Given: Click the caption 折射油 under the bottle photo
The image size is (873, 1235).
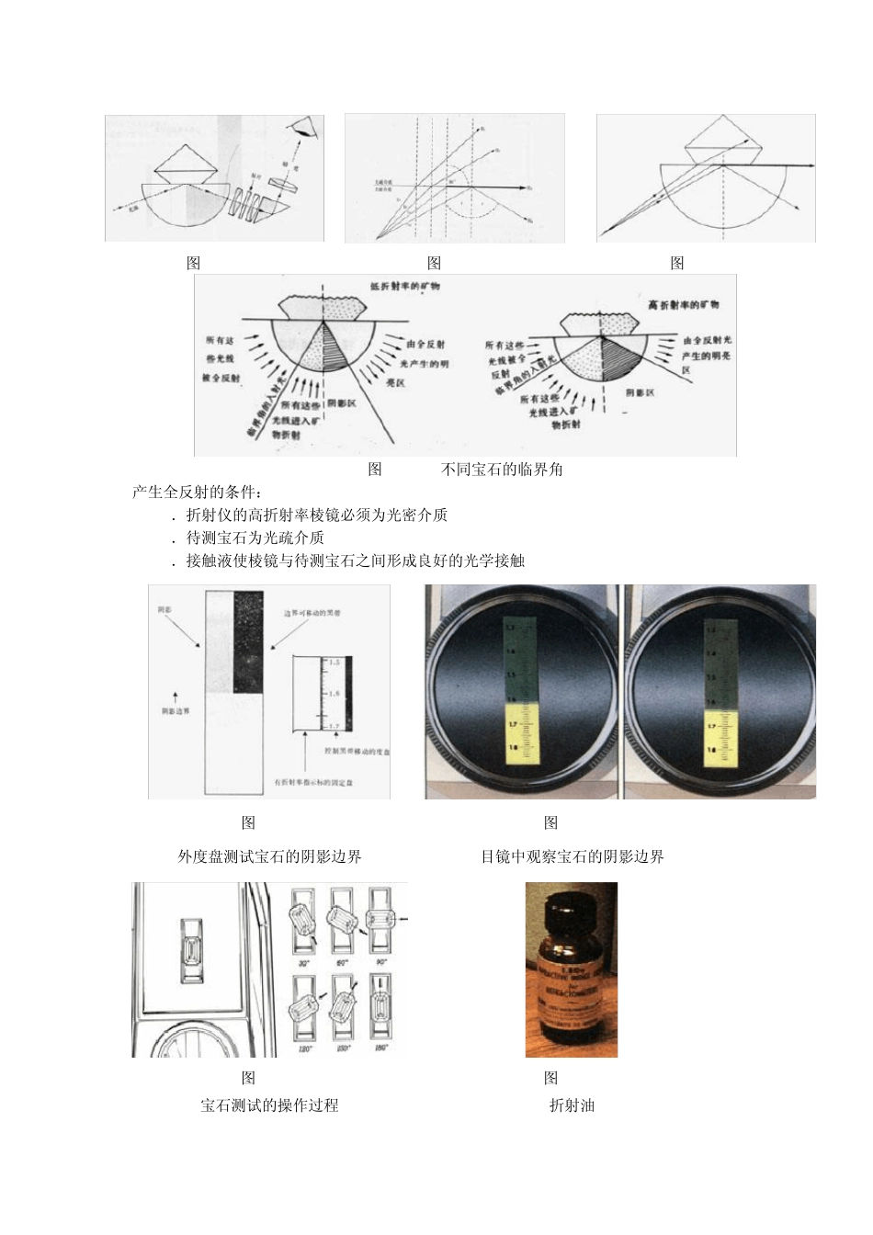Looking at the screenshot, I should [572, 1105].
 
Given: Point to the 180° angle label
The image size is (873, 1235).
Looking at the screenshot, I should [380, 1048].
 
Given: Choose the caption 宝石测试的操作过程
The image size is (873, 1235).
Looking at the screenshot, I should [269, 1105].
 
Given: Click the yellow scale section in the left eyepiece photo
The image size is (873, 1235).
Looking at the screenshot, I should [522, 733].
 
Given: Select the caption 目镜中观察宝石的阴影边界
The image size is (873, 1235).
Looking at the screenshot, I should [572, 856].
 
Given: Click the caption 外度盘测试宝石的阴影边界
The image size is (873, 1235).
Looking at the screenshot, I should [269, 856].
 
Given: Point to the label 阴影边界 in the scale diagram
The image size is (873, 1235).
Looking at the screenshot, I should [175, 711].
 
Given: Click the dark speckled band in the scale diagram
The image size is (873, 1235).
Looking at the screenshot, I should [248, 641].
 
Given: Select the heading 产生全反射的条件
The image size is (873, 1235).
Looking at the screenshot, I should [197, 492].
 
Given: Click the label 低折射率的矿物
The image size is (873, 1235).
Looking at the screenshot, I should [404, 286].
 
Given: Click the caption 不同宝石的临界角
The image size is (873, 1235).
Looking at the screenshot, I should [502, 470].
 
